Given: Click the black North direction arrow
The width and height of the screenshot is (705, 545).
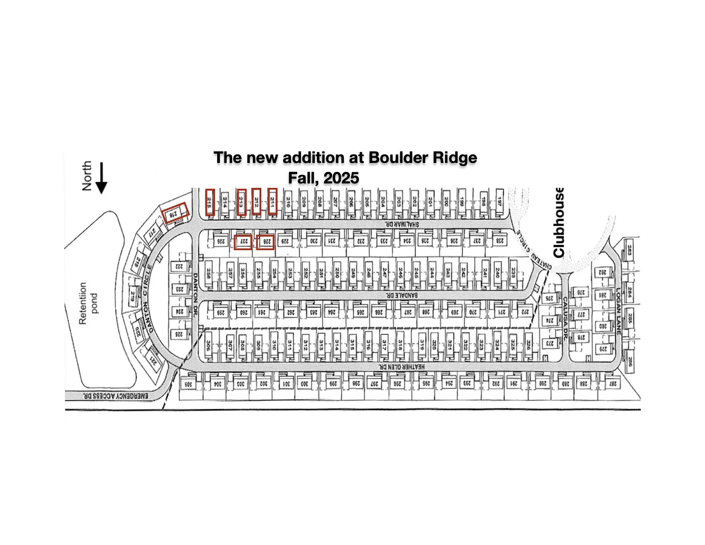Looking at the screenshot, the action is (101, 178).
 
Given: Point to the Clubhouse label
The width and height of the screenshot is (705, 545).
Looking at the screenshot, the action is (559, 222).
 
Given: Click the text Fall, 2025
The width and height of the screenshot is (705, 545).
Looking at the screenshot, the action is (323, 178).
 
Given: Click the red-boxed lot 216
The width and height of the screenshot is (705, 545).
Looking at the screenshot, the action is (175, 214).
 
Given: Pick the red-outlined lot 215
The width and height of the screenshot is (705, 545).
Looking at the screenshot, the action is (210, 202).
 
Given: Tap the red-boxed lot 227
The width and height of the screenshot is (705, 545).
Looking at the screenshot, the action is (243, 242).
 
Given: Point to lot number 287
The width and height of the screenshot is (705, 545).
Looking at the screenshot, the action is (613, 384).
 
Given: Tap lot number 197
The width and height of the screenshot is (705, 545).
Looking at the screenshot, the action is (500, 202).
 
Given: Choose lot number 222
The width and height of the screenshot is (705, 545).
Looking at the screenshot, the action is (179, 266).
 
